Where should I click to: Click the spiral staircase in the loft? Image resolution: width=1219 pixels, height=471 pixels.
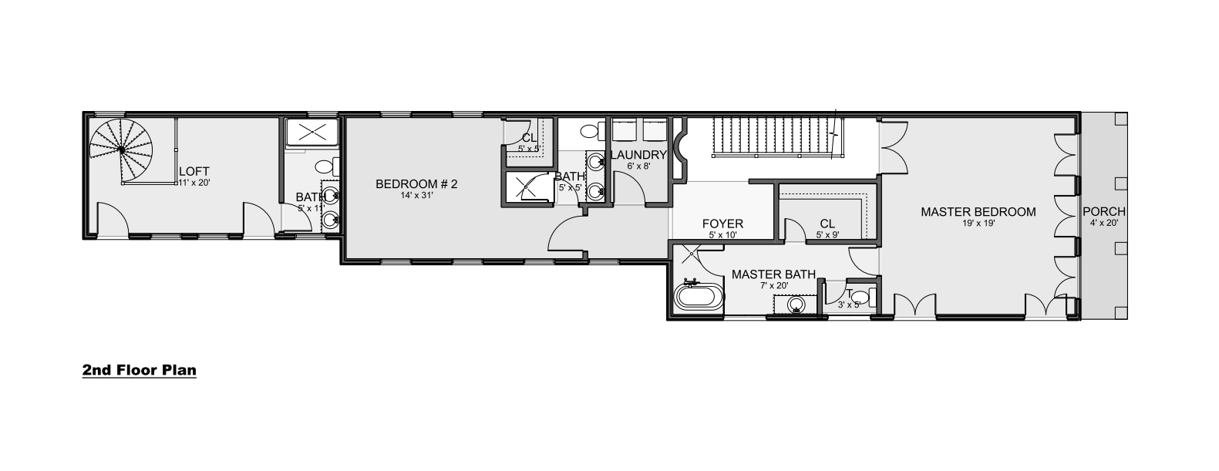[121, 150]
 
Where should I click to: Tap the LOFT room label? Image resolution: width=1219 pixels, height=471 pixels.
[194, 172]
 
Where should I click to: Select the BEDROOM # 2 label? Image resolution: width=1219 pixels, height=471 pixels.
[416, 183]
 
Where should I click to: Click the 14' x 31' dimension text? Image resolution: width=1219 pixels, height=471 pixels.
[416, 195]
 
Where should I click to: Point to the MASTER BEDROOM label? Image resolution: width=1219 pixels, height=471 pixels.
[978, 212]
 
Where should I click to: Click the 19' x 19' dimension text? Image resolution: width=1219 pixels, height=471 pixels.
[978, 223]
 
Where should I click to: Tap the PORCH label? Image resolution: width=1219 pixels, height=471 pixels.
[1103, 211]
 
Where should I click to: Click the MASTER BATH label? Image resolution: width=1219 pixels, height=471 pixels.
[773, 274]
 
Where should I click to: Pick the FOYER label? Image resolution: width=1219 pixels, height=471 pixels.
[722, 224]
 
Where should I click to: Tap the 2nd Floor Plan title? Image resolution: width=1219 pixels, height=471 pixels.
[140, 370]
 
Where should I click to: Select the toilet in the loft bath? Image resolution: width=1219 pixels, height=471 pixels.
[328, 166]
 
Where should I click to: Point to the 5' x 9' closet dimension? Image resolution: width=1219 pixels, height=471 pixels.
[827, 235]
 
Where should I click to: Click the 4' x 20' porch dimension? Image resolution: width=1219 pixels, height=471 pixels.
[1103, 223]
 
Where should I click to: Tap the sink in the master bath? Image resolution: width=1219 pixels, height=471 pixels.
[796, 304]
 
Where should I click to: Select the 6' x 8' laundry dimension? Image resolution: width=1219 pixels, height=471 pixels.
[638, 167]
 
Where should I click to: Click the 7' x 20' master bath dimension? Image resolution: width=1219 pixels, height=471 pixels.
[773, 285]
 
